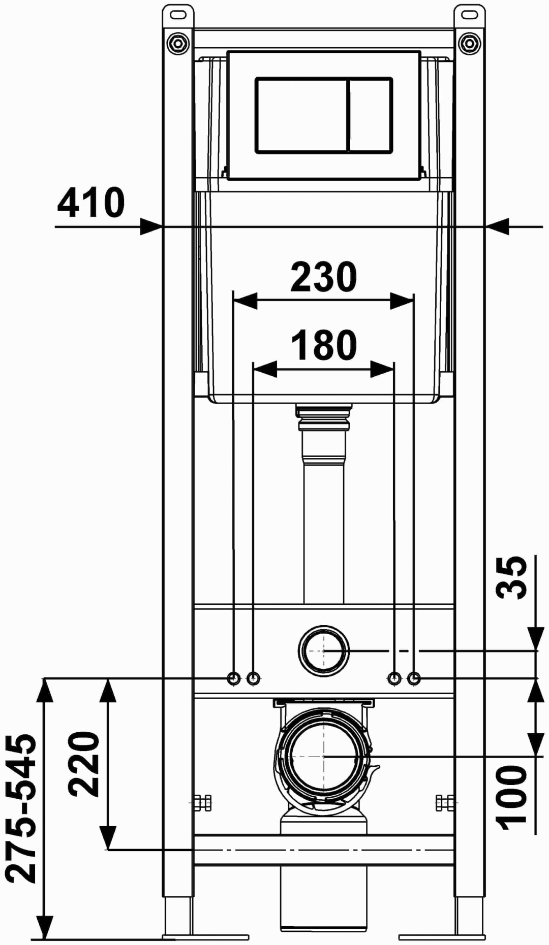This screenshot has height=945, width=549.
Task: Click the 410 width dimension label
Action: [91, 203]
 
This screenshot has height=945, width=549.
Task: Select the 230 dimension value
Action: [324, 277]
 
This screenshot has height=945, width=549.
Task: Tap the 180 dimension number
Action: [324, 345]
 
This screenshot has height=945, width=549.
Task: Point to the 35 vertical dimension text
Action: [512, 577]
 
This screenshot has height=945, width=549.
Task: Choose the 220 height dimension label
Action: [84, 764]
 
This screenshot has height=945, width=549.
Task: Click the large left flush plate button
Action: [301, 115]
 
